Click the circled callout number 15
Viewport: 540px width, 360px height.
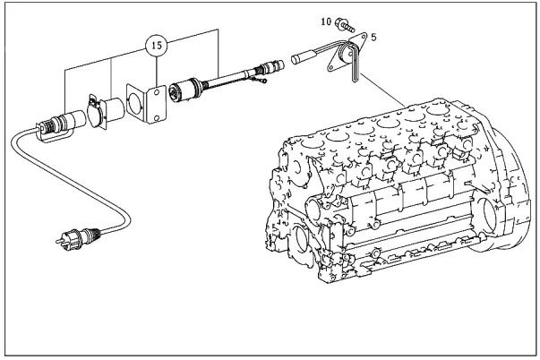157,45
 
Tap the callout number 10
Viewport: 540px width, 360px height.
326,21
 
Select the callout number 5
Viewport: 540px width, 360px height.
373,37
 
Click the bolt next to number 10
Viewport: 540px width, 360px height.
345,25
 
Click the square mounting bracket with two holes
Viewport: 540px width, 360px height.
146,102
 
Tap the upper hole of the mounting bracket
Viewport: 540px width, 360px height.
157,92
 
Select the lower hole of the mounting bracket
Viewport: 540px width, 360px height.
157,118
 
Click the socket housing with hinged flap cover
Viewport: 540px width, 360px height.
106,111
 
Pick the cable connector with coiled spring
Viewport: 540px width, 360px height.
61,125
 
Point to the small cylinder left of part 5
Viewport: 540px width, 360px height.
303,58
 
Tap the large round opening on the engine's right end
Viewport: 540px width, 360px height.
488,218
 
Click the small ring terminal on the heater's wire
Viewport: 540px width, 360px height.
263,81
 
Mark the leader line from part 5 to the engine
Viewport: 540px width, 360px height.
383,90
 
